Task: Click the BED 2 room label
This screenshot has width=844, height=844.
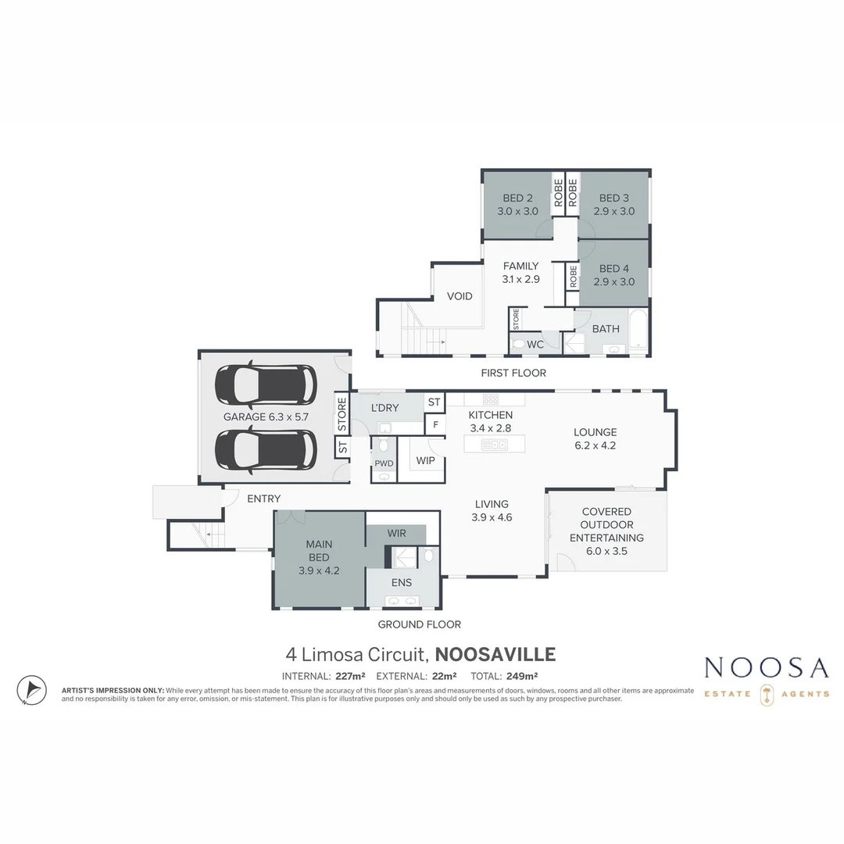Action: [x=517, y=198]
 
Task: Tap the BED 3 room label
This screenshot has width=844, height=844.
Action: [x=614, y=198]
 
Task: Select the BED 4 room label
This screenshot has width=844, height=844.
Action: [x=614, y=269]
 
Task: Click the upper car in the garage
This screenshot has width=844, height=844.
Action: [x=266, y=383]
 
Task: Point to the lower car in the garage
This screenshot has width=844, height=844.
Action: [x=266, y=450]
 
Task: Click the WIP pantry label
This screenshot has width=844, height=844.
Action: [x=425, y=461]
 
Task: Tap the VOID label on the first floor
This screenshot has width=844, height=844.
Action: [x=460, y=296]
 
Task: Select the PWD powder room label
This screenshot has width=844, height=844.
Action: [x=384, y=463]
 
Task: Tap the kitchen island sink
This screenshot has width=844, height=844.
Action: [x=495, y=445]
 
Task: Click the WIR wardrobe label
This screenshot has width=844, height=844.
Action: [x=397, y=534]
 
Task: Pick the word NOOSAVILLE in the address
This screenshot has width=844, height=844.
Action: [x=495, y=654]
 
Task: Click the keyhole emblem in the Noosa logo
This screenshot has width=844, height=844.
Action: [x=767, y=694]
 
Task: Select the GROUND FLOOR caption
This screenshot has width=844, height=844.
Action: [x=419, y=624]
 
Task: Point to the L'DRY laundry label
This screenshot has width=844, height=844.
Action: [x=384, y=408]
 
